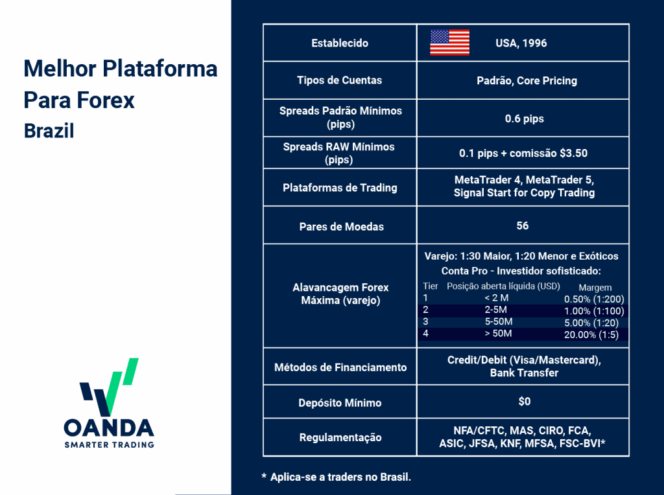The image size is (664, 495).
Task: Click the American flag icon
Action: coord(450,43)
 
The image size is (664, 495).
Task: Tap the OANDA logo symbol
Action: coord(109,387)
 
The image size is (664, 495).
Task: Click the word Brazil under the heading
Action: coord(49,131)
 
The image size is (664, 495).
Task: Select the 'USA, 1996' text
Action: coord(521,43)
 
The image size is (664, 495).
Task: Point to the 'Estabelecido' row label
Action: coord(340,43)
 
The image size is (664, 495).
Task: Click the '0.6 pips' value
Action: coord(524,119)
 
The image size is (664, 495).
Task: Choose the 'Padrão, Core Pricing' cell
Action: coord(527,80)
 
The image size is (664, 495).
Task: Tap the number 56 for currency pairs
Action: coord(523,225)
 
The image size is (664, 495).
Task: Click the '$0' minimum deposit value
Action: coord(524,401)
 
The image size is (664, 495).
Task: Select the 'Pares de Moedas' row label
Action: coord(341,227)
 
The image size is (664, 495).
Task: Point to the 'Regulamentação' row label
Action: coord(340,437)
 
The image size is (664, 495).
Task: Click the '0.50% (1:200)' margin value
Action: coord(594,299)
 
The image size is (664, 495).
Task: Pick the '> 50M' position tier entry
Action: coord(498,334)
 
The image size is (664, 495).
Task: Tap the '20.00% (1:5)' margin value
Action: coord(591,335)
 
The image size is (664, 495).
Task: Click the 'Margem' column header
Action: coord(595,288)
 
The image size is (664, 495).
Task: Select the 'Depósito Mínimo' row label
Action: coord(340,403)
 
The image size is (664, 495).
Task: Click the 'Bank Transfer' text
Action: coord(524,373)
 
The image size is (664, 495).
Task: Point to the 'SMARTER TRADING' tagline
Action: coord(109,444)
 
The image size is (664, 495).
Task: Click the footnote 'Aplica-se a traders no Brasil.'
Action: coord(340,478)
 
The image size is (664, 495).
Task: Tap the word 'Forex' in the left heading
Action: coord(106,100)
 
